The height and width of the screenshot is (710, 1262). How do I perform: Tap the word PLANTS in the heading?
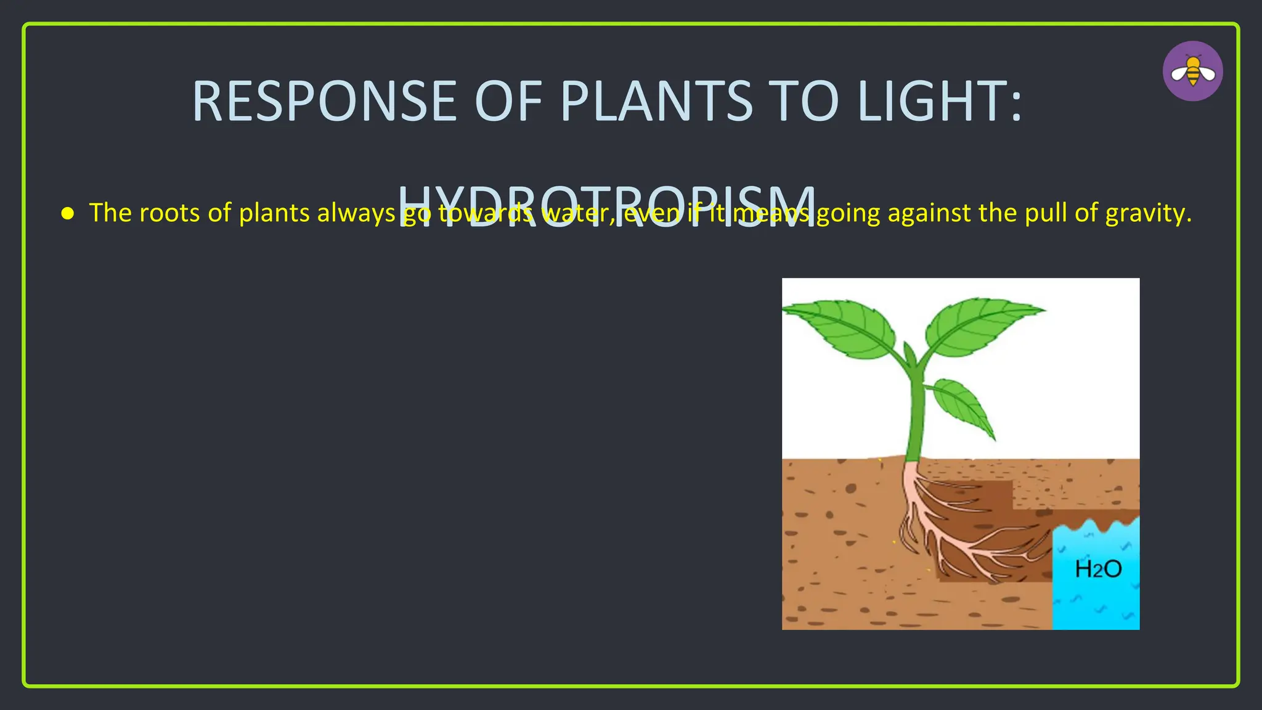pos(656,102)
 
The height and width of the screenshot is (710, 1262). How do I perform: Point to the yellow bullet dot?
pos(68,214)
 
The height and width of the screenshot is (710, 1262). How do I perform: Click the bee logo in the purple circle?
pos(1192,71)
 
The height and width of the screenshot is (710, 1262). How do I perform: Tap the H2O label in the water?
pos(1098,568)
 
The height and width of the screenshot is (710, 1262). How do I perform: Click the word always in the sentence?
pos(356,213)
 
